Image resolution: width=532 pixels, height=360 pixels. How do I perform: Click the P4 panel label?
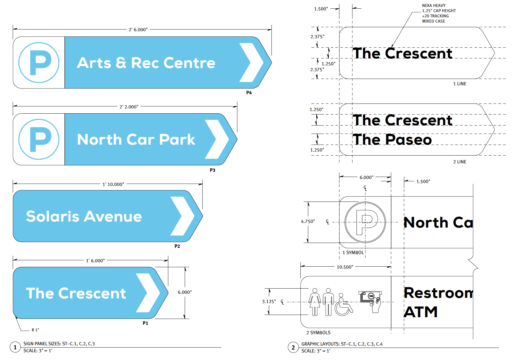(x=249, y=93)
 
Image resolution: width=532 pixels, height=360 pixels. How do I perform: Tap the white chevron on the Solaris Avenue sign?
(x=182, y=216)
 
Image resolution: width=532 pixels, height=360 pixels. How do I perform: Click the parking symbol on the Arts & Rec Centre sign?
(x=39, y=62)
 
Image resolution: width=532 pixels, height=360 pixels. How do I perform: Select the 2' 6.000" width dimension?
(x=138, y=29)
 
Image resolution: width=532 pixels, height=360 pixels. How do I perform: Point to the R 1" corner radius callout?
(x=35, y=330)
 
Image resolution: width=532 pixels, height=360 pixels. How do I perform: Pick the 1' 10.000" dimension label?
(x=113, y=184)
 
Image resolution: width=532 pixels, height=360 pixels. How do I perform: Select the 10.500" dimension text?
(x=345, y=267)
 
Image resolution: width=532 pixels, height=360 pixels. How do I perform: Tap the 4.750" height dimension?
(x=308, y=221)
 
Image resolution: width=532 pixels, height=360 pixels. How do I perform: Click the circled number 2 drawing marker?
(x=293, y=347)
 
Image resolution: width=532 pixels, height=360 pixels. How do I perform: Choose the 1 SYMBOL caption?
(x=353, y=252)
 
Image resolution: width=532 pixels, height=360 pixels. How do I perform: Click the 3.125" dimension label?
(x=269, y=301)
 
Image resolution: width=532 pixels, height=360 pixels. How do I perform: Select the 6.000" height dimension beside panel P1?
(x=184, y=292)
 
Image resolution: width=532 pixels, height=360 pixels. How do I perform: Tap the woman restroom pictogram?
(x=315, y=302)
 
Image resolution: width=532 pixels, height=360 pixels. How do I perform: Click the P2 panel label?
(x=177, y=246)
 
